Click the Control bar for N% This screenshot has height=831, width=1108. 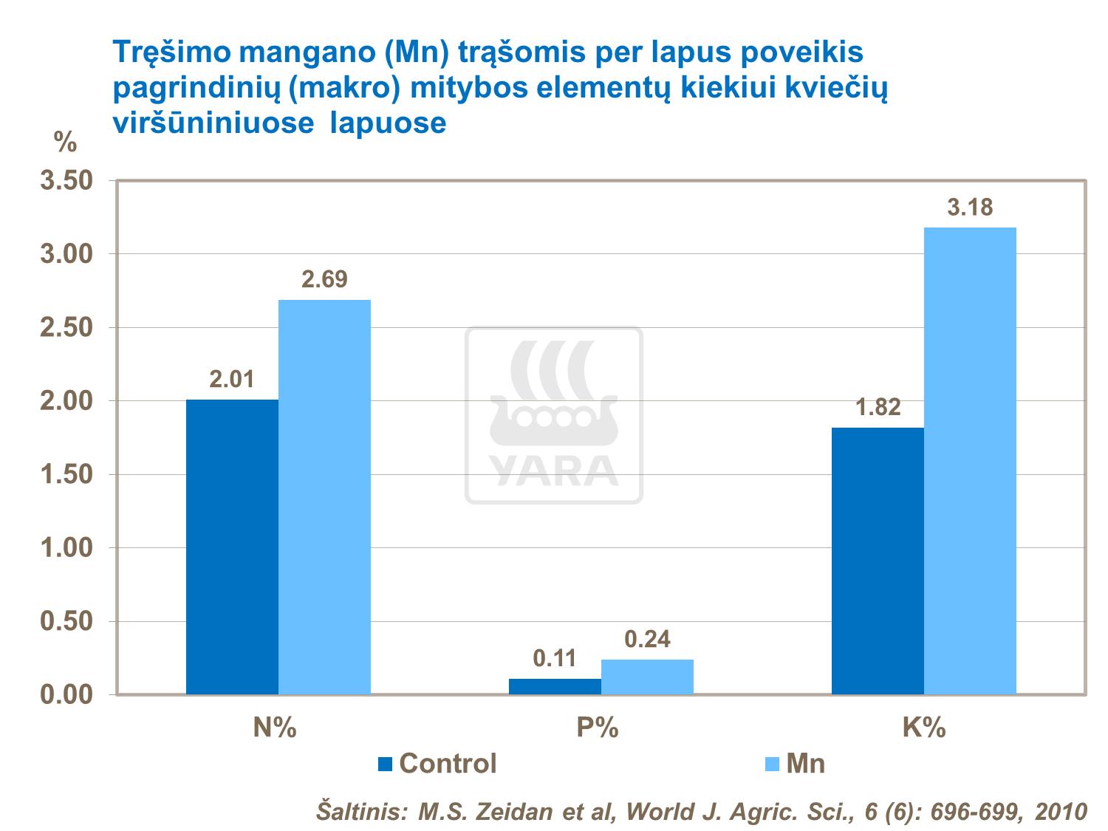pos(232,547)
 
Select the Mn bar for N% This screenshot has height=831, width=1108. pos(324,496)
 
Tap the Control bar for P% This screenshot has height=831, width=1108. pos(555,686)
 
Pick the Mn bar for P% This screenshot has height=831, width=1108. pos(647,677)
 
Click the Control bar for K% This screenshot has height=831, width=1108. pos(878,561)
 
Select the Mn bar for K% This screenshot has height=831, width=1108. pos(970,460)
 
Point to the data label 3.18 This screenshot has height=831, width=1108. pos(970,208)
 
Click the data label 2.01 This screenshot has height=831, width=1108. pos(232,380)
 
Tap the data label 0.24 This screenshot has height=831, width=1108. pos(647,639)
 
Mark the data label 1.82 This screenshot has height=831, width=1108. pos(878,407)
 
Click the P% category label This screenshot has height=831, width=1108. pos(597,728)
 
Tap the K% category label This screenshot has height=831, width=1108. pos(923,728)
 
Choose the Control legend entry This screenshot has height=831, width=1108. pos(437,763)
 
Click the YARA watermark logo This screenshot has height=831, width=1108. pos(554,416)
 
